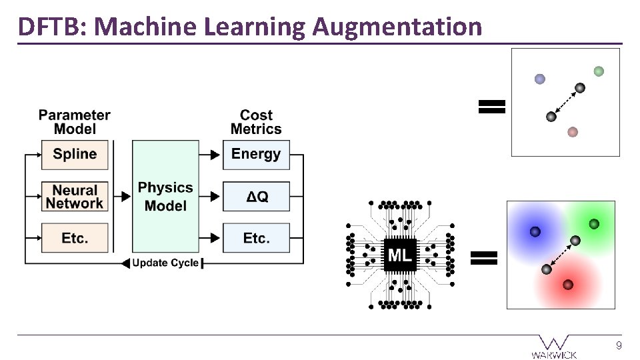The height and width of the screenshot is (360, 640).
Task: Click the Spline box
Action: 75,155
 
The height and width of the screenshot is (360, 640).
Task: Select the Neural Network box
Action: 75,197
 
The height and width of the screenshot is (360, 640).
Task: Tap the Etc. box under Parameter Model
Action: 75,238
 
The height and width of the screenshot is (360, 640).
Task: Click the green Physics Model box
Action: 165,196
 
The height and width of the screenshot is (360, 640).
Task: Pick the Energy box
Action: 256,155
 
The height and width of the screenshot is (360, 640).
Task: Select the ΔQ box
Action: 256,197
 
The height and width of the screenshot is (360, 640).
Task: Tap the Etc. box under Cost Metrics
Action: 256,238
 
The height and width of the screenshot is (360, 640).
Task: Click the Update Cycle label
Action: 165,263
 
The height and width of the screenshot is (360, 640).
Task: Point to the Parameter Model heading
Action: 75,122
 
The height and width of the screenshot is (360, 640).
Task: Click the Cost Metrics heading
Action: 256,122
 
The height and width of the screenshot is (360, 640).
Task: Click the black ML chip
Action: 400,255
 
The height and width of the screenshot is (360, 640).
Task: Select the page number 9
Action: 619,345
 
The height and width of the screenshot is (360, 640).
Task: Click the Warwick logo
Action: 554,346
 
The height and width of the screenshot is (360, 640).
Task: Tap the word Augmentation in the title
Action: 397,27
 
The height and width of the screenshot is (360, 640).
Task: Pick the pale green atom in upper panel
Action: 599,71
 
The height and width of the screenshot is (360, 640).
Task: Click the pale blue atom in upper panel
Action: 540,79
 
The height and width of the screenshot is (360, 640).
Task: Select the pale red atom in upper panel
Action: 572,132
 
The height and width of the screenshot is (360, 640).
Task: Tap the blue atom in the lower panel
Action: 535,231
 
